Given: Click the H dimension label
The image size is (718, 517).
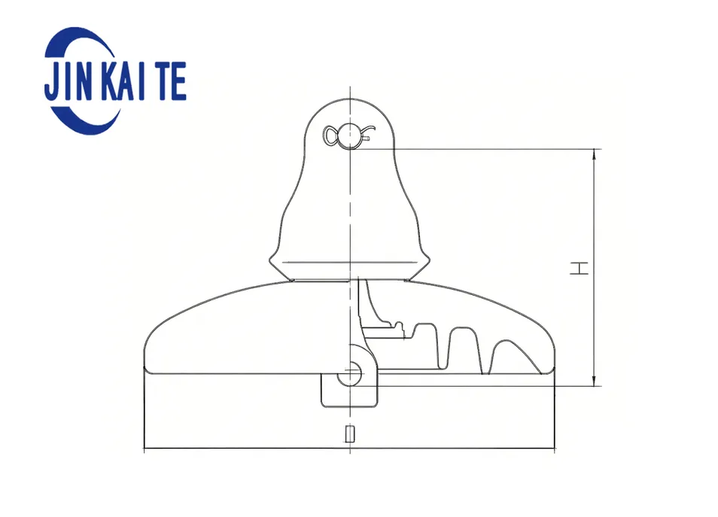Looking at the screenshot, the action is (x=579, y=268).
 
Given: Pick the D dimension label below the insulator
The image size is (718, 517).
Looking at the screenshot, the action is (x=349, y=434).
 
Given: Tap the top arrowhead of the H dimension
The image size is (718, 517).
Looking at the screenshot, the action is (x=595, y=154).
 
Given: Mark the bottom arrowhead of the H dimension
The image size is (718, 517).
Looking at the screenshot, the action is (x=595, y=381).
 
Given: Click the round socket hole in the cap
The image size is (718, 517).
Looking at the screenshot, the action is (x=350, y=136).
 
